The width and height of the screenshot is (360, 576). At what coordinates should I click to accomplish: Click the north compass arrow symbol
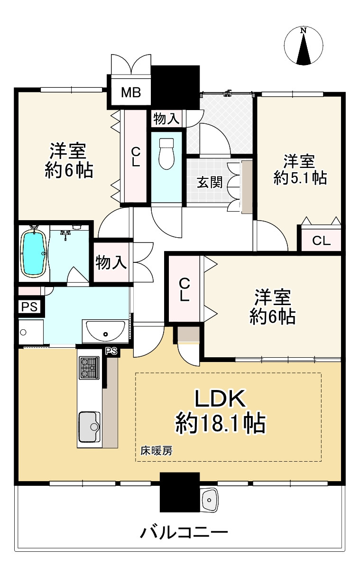(x=304, y=46)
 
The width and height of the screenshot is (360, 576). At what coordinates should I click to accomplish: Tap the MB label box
(x=130, y=92)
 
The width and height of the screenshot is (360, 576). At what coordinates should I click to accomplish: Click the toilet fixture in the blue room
(x=166, y=153)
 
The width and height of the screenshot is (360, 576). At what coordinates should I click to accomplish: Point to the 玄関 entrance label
(x=210, y=182)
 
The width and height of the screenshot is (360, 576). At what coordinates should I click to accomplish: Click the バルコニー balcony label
(x=184, y=533)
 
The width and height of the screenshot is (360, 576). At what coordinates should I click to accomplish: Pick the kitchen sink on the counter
(x=90, y=427)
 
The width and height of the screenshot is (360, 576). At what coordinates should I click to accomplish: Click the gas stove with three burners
(x=89, y=367)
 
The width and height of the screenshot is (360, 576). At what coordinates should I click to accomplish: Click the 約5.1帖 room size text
(x=300, y=178)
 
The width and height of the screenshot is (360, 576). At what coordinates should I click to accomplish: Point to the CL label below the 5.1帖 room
(x=321, y=241)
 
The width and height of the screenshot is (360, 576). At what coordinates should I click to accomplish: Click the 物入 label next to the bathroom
(x=111, y=262)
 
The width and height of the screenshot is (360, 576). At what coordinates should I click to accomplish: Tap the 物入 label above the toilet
(x=166, y=119)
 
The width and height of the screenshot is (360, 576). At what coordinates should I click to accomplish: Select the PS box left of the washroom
(x=29, y=307)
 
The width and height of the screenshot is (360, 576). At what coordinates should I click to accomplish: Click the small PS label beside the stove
(x=111, y=351)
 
